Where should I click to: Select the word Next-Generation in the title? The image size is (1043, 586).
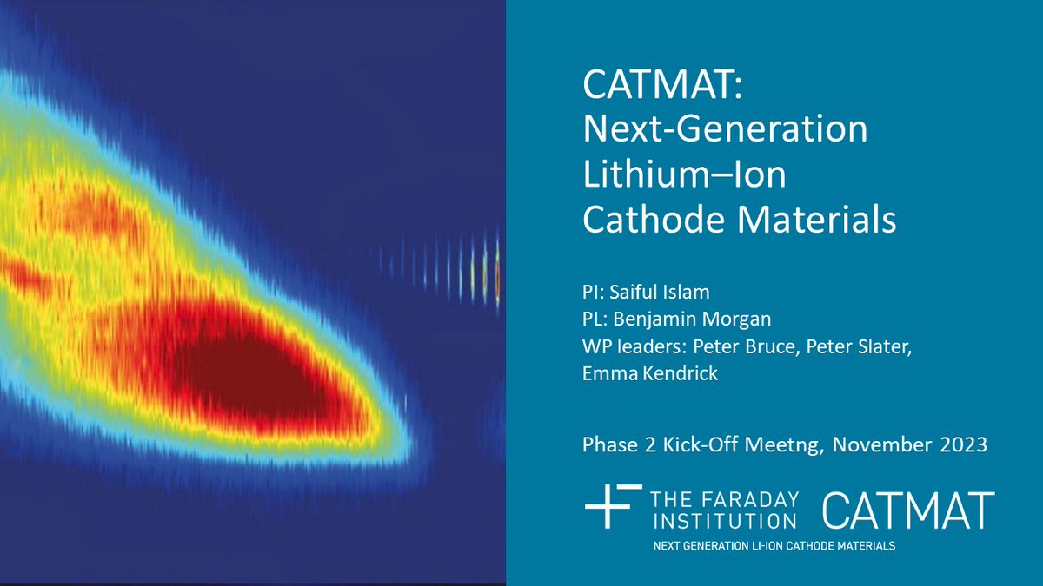click(725, 131)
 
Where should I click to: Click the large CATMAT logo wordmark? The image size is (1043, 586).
click(907, 510)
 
